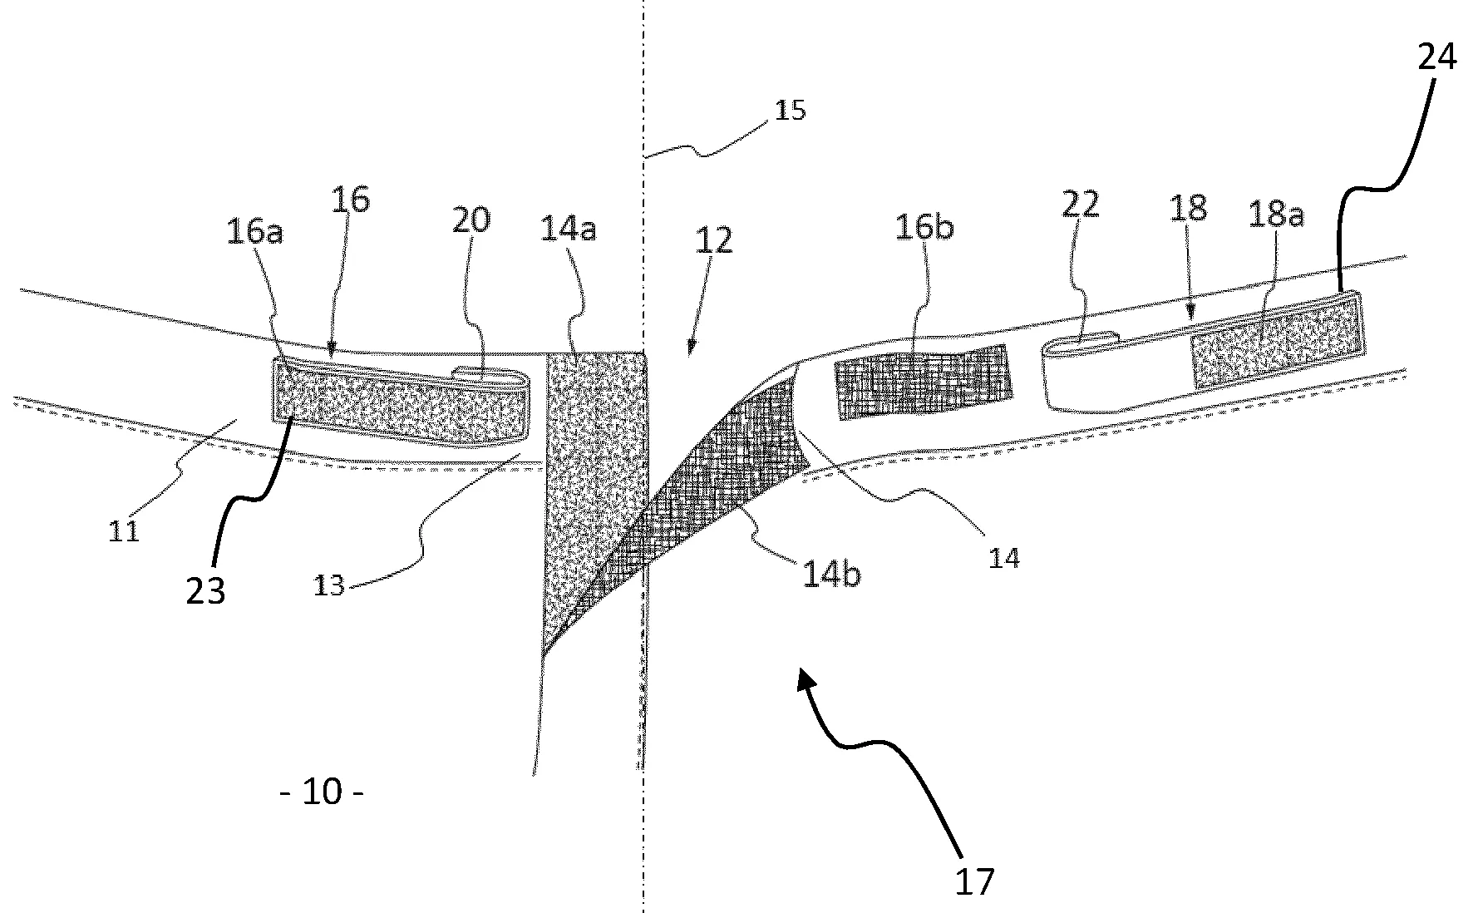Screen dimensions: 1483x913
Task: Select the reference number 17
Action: pyautogui.click(x=974, y=881)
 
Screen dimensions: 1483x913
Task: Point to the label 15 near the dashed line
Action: pyautogui.click(x=790, y=110)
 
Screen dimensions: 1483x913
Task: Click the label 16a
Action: pyautogui.click(x=254, y=232)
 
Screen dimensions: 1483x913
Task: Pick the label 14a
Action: pyautogui.click(x=568, y=229)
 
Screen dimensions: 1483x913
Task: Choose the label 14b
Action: pyautogui.click(x=831, y=575)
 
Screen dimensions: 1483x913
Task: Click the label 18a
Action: pyautogui.click(x=1276, y=215)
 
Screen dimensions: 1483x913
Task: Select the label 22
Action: pyautogui.click(x=1080, y=204)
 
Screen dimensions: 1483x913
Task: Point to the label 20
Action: pyautogui.click(x=471, y=220)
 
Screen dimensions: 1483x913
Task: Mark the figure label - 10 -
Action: pyautogui.click(x=323, y=792)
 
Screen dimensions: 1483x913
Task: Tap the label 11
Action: pyautogui.click(x=124, y=530)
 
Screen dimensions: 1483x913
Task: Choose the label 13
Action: pyautogui.click(x=329, y=585)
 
